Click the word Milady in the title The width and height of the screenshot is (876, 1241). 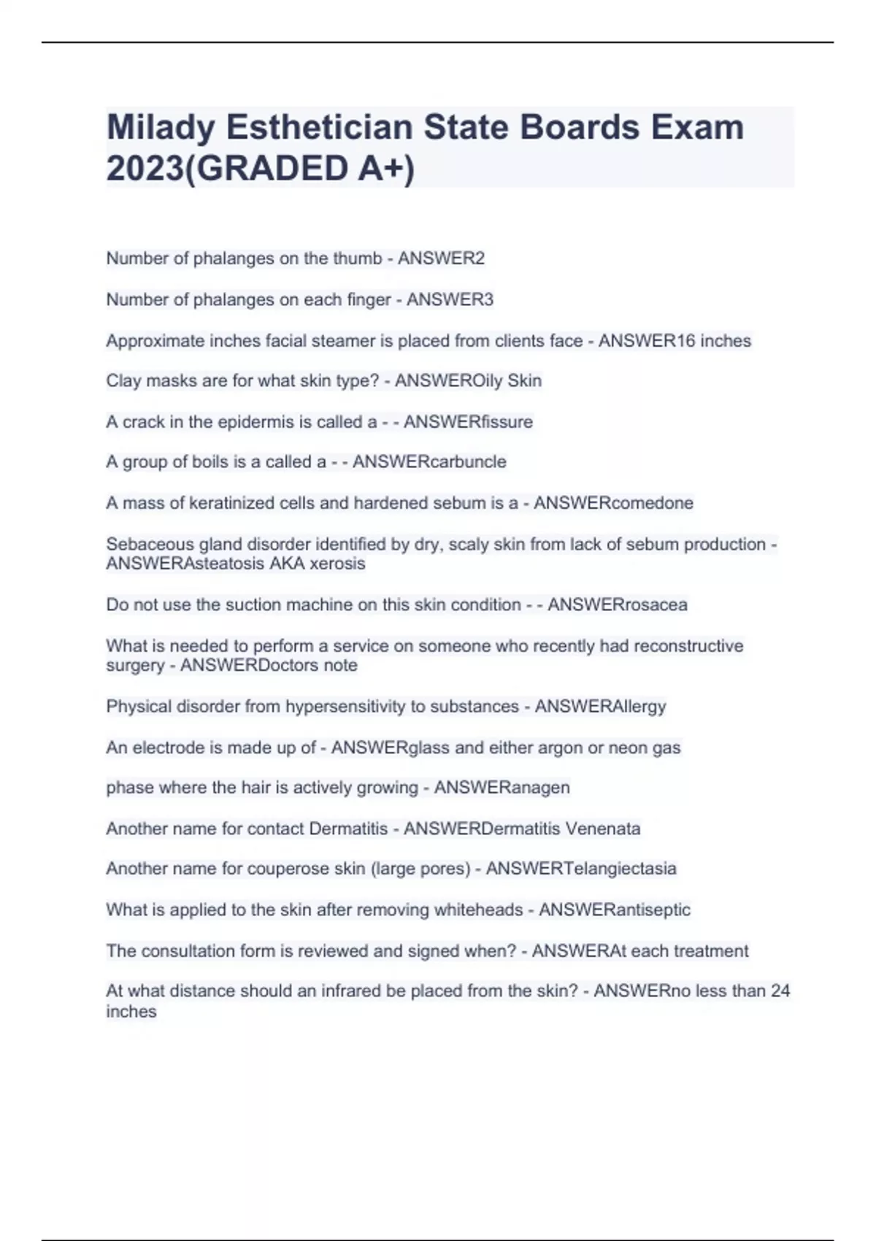(x=161, y=128)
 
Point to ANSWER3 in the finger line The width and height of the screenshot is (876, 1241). (x=450, y=299)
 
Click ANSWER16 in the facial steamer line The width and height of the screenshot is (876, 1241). (x=647, y=341)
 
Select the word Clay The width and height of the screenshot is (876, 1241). (x=123, y=381)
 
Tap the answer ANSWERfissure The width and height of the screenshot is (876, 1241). (x=468, y=422)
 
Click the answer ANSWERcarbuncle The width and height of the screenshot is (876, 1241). (x=429, y=462)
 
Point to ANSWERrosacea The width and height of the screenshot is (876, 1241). (x=618, y=604)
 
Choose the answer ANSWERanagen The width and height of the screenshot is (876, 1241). (x=502, y=788)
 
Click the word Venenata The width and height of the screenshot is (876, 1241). (x=603, y=829)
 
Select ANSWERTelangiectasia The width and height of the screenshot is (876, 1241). (x=581, y=869)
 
